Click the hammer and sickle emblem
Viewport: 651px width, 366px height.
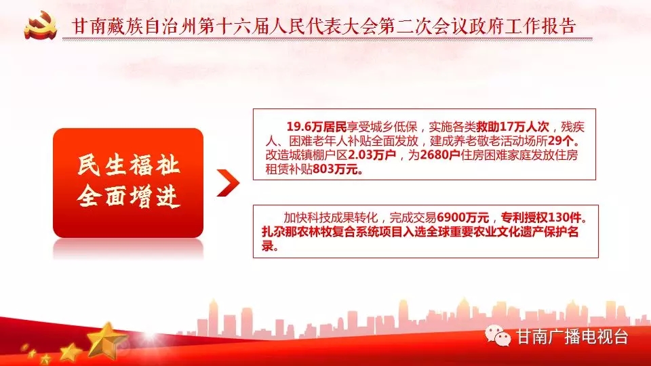[40, 25]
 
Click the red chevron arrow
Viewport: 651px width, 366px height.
[228, 182]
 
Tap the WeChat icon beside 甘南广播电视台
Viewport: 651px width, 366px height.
[498, 335]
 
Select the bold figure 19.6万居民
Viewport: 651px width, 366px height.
[317, 127]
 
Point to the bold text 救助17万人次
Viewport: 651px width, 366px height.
[513, 127]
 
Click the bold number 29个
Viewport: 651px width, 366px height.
[561, 141]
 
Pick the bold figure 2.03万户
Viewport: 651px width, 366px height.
[372, 155]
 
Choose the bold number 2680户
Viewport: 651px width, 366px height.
[439, 155]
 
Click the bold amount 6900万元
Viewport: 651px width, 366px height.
[463, 218]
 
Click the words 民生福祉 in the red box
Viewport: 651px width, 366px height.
[128, 165]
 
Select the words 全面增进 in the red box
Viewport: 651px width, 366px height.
[128, 197]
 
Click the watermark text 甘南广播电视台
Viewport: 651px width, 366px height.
[572, 337]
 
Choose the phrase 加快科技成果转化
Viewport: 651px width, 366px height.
[330, 218]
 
